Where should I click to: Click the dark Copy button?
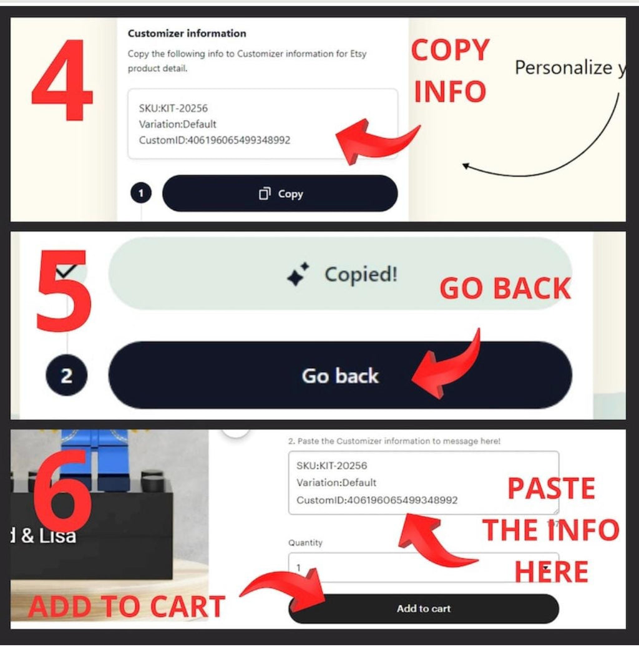tap(280, 193)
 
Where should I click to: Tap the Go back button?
tap(340, 375)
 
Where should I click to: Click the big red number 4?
tap(62, 80)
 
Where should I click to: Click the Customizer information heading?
tap(187, 33)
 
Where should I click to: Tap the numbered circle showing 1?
tap(140, 193)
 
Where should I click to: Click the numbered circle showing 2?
tap(66, 376)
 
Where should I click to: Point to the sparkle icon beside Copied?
tap(298, 274)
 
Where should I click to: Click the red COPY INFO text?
tap(451, 71)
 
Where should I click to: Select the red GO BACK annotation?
tap(505, 288)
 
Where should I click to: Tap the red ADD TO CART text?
tap(127, 607)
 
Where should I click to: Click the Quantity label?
tap(305, 543)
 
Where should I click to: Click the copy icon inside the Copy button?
tap(265, 193)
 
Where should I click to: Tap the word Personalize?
tap(563, 67)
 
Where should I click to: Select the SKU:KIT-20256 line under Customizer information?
tap(173, 109)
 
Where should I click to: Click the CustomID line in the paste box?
tap(377, 500)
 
